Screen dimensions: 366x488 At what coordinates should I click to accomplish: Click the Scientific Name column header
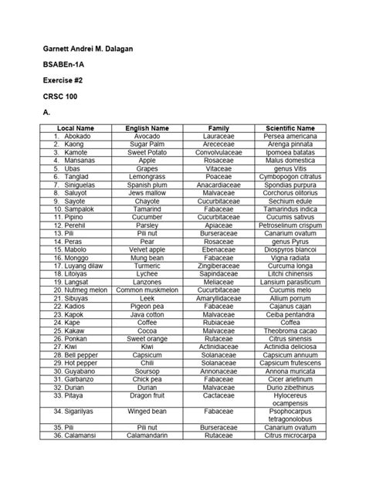[x=290, y=127]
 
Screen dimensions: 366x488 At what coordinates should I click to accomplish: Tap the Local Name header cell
[x=76, y=127]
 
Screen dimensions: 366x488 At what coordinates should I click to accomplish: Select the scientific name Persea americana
[x=290, y=136]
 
